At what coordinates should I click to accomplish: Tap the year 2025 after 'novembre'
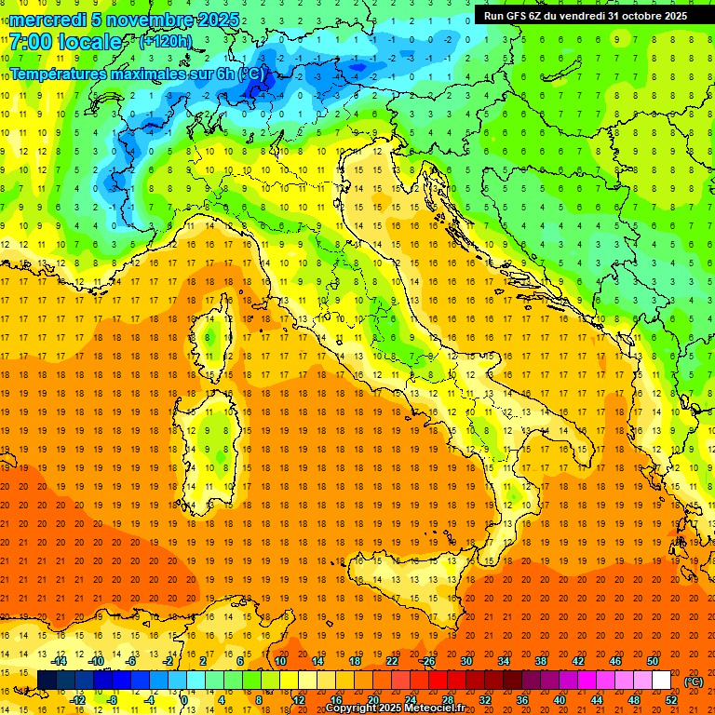point(216,20)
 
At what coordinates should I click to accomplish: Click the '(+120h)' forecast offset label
point(165,42)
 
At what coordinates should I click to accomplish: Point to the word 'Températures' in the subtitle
point(58,74)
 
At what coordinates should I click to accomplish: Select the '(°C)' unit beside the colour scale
point(693,681)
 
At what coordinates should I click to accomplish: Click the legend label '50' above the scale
point(651,661)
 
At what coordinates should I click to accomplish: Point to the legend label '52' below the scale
point(670,700)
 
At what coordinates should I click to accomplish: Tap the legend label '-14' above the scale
point(61,661)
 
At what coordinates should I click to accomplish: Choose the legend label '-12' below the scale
point(80,700)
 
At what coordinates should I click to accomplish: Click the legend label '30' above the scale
point(465,661)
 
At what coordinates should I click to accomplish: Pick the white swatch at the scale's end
point(661,681)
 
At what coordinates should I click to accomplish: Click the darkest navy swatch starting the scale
point(47,681)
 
